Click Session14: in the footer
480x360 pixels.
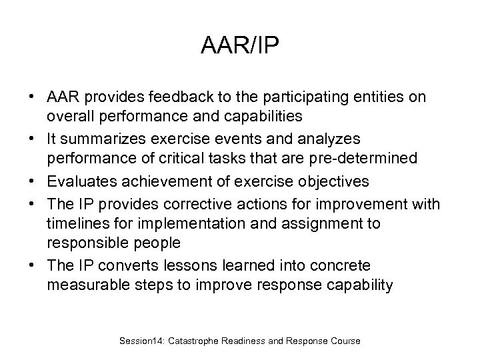pyautogui.click(x=143, y=341)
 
